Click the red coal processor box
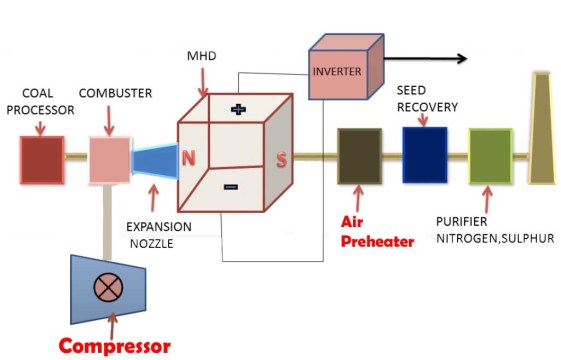coord(42,160)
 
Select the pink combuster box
coord(109,160)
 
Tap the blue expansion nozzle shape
coord(153,161)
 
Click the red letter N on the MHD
coord(189,156)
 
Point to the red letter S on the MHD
coord(281,158)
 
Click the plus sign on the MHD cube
coord(238,109)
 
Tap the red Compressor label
coord(113,347)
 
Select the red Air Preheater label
coord(377,230)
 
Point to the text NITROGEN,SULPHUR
coord(495,238)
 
